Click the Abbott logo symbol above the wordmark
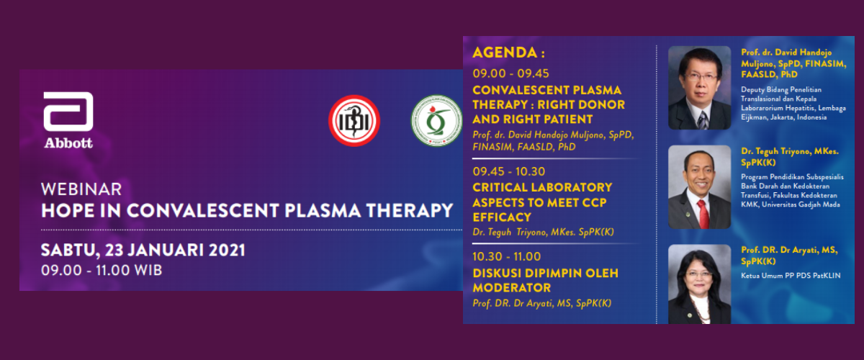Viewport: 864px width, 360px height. click(68, 112)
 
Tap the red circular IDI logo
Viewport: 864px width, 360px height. click(354, 121)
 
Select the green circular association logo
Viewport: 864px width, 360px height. click(436, 121)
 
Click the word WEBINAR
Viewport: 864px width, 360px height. click(81, 189)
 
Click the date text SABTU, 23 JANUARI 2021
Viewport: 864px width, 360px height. click(143, 251)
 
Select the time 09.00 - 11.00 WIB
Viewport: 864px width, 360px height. click(102, 271)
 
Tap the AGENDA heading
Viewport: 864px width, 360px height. click(509, 53)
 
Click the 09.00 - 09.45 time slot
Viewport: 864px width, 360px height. click(510, 73)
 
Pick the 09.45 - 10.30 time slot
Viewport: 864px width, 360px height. click(509, 171)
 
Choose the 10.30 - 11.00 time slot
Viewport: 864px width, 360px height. click(507, 256)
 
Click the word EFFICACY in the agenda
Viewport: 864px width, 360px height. click(502, 217)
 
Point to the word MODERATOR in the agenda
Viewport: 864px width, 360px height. click(512, 288)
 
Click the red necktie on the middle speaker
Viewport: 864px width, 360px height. click(703, 214)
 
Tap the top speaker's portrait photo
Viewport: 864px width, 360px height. click(699, 88)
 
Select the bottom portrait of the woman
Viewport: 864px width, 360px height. click(699, 284)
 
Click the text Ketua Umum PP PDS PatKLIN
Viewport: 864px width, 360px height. click(791, 276)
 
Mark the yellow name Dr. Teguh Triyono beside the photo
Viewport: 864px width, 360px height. click(790, 157)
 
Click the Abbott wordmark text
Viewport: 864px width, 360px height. click(68, 143)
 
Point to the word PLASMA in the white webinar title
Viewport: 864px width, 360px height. click(322, 211)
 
